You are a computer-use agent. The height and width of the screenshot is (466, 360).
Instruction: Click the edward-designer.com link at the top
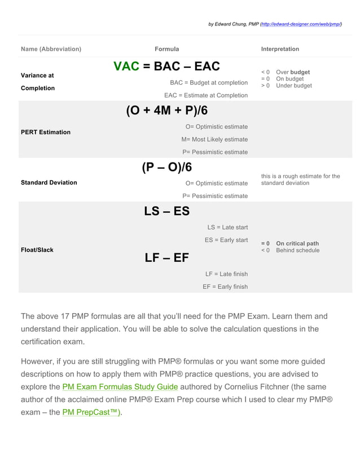coord(302,24)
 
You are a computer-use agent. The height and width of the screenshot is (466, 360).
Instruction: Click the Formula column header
coord(166,49)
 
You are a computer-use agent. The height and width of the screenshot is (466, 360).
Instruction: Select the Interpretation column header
coord(280,49)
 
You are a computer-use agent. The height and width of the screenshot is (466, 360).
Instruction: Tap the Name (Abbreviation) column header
coord(51,49)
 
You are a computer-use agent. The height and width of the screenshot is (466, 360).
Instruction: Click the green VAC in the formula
coord(126,67)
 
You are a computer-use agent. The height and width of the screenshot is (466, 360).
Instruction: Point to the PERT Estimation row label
coord(46,132)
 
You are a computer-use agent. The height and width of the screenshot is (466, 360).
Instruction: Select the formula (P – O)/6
coord(166,168)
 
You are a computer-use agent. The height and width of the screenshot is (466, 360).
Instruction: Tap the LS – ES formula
coord(166,212)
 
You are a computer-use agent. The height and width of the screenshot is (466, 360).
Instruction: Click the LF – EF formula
coord(166,258)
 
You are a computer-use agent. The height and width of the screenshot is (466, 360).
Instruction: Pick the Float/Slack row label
coord(37,250)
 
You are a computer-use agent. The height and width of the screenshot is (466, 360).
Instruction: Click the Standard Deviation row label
coord(49,183)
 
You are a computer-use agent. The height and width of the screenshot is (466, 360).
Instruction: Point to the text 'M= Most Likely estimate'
coord(214,139)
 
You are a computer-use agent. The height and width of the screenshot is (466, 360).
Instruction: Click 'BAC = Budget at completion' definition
coord(209,83)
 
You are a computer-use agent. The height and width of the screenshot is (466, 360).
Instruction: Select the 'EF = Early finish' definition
coord(225,287)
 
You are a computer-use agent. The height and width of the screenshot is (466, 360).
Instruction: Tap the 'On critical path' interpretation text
coord(297,244)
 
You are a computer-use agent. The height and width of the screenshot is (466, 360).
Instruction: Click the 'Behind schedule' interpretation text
coord(297,250)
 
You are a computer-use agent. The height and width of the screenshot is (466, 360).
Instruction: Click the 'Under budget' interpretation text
coord(293,86)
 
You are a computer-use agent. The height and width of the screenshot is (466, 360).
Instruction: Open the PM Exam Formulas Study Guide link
coord(120,387)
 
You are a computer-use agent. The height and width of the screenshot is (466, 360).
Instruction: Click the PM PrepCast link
coord(91,413)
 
